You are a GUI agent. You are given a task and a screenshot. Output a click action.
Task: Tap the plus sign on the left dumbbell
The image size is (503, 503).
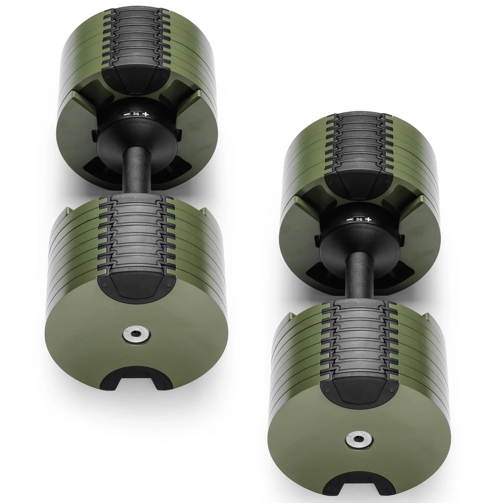point(146,114)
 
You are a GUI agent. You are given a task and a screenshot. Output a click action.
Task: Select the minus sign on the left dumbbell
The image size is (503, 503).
point(126,114)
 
